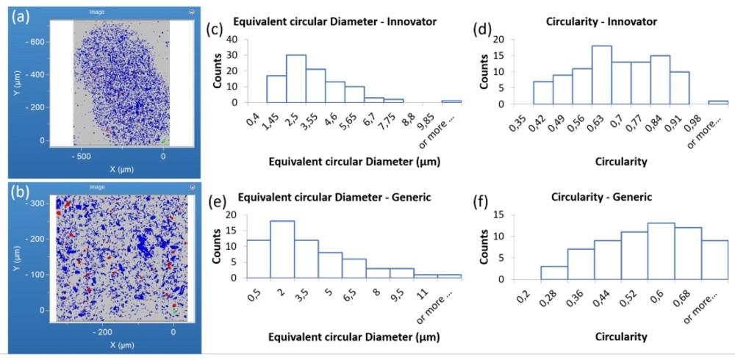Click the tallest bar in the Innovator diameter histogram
tap(296, 79)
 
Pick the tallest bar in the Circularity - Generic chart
tap(660, 251)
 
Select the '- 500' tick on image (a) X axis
tap(80, 156)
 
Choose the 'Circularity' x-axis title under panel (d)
tap(621, 162)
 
